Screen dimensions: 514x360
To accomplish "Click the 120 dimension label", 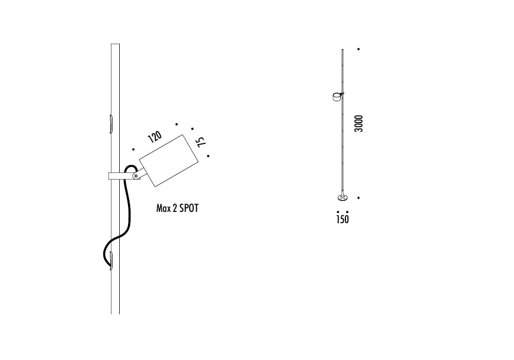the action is pyautogui.click(x=155, y=137).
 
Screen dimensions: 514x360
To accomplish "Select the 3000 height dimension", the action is pyautogui.click(x=359, y=123).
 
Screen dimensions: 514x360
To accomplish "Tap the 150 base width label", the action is pyautogui.click(x=342, y=220).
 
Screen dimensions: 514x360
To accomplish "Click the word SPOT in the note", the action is pyautogui.click(x=189, y=208).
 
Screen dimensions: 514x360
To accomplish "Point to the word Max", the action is pyautogui.click(x=163, y=208).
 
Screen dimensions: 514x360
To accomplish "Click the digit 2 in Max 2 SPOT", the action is pyautogui.click(x=175, y=208).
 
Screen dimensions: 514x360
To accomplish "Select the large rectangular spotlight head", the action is pyautogui.click(x=169, y=160).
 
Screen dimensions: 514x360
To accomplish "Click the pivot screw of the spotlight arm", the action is pyautogui.click(x=136, y=176).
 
